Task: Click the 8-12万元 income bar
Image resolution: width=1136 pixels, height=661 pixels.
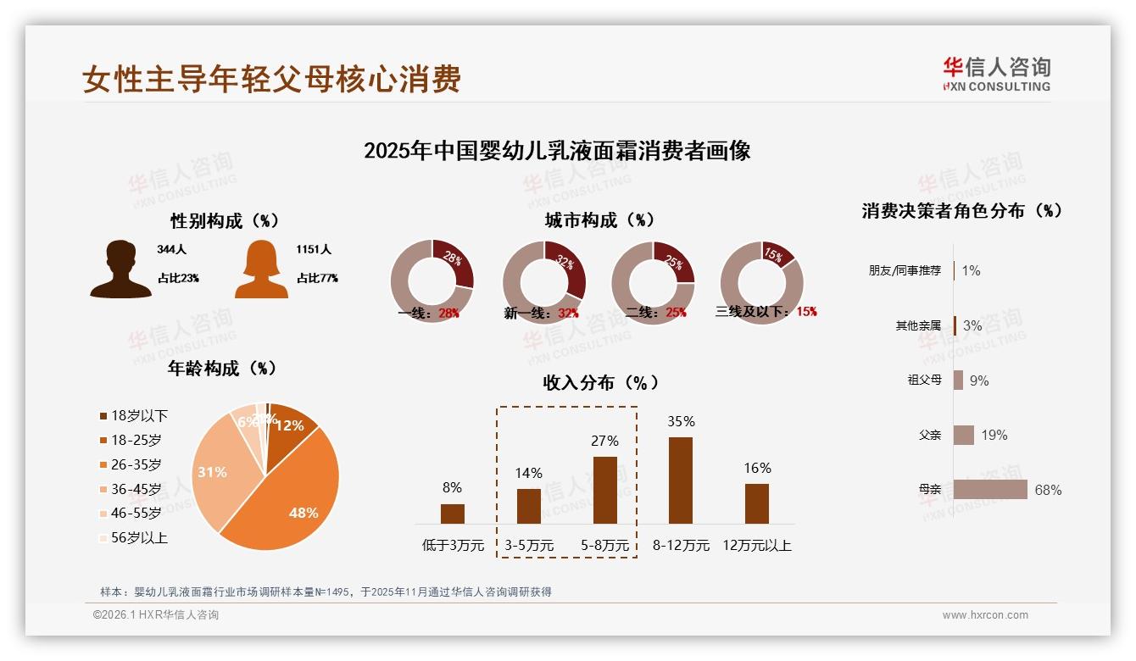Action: point(680,480)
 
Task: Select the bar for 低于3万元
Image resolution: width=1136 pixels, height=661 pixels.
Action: point(453,514)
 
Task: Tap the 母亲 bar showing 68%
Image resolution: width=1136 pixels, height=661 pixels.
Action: point(990,490)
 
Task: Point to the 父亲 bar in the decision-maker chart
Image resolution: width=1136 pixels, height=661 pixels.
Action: point(964,435)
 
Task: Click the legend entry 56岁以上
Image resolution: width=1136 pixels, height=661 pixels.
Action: point(133,537)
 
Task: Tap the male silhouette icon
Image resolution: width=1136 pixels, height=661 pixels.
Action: point(121,269)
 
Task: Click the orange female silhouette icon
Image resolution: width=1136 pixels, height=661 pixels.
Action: point(261,269)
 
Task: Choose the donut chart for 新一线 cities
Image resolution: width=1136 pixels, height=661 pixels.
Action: point(543,282)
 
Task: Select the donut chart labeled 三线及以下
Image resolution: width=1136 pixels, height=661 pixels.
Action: point(761,282)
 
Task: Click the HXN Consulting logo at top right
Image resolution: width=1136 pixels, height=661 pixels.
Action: point(996,75)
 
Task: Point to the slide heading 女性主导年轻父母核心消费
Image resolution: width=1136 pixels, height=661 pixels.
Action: point(272,80)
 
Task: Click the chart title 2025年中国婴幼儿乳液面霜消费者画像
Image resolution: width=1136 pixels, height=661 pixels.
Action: point(557,151)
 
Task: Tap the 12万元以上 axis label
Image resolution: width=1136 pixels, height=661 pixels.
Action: point(756,546)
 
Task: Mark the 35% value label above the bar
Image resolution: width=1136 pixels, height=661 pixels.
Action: point(681,421)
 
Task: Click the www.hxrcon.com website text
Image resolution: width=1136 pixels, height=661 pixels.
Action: point(985,615)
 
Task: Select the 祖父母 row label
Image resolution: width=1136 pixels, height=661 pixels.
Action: point(924,380)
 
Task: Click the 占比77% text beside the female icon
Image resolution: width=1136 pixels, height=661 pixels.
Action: point(317,278)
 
